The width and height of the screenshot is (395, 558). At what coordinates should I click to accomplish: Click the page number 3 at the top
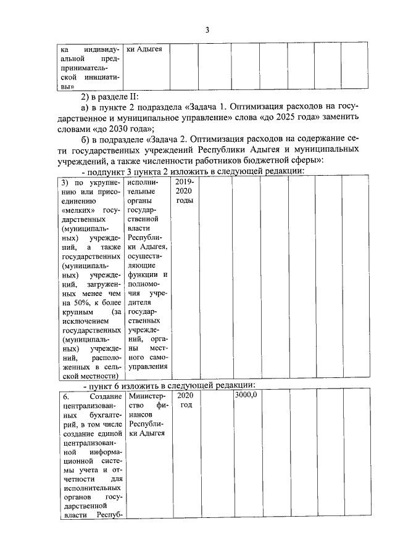click(x=207, y=30)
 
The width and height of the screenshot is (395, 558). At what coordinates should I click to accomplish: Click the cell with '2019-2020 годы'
click(x=184, y=192)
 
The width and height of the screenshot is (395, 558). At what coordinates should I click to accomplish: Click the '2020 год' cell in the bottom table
click(x=185, y=400)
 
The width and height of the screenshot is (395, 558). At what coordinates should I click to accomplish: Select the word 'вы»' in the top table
click(x=69, y=88)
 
